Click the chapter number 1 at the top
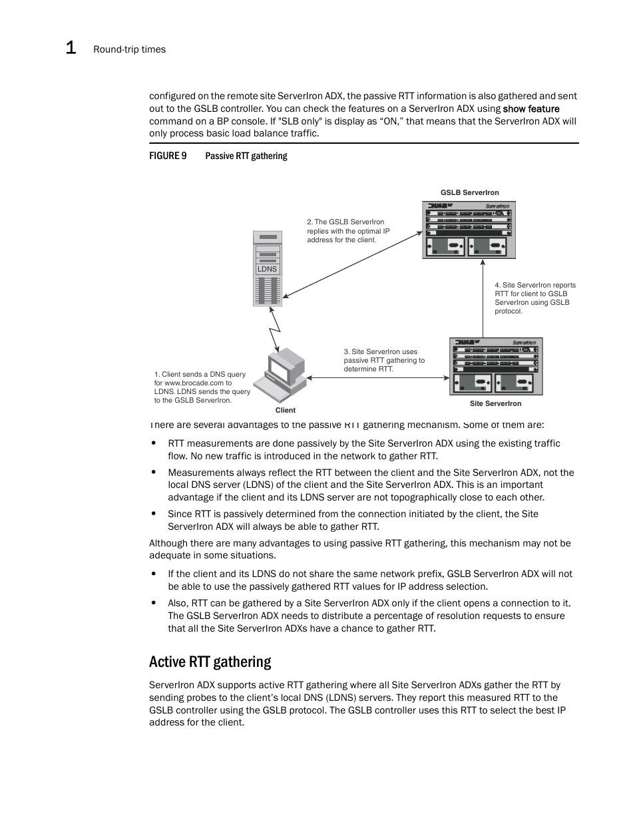71,48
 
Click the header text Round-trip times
129,49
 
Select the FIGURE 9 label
168,156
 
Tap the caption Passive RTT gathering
246,156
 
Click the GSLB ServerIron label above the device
469,192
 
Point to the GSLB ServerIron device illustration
469,230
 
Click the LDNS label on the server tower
267,269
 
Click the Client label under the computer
285,410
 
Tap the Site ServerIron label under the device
495,403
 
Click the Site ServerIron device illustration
496,366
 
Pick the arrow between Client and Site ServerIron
377,378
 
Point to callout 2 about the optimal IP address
348,231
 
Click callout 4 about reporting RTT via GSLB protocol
534,298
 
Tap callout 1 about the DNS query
202,387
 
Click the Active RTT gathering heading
210,662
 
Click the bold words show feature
530,108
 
